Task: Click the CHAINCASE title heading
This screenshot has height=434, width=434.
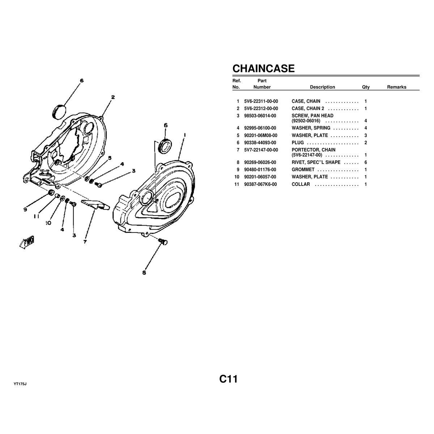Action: click(x=263, y=68)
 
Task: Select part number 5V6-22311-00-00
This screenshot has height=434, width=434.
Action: click(x=261, y=101)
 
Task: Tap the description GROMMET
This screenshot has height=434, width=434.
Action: click(x=303, y=170)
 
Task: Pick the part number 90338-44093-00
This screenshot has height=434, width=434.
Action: click(x=260, y=142)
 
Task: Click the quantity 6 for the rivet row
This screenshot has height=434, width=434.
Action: click(x=366, y=162)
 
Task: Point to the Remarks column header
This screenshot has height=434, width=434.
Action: click(x=397, y=87)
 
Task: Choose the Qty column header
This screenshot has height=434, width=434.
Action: click(x=366, y=87)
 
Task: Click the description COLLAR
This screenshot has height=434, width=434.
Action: click(x=301, y=184)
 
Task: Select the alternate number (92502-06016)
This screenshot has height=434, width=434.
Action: click(x=306, y=121)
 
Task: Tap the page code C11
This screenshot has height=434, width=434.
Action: click(x=228, y=379)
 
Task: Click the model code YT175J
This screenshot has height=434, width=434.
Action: click(x=20, y=384)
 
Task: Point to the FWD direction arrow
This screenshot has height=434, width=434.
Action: click(x=27, y=242)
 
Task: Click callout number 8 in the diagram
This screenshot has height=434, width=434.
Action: click(x=144, y=273)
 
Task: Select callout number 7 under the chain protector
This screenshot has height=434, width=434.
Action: click(x=85, y=242)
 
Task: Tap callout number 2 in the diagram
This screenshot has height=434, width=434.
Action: click(x=113, y=97)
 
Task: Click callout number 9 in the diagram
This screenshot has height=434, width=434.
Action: click(x=25, y=209)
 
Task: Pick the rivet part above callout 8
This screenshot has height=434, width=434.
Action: click(x=163, y=242)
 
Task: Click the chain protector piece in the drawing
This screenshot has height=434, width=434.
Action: click(x=95, y=204)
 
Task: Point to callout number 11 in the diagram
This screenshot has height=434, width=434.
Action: click(x=37, y=216)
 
